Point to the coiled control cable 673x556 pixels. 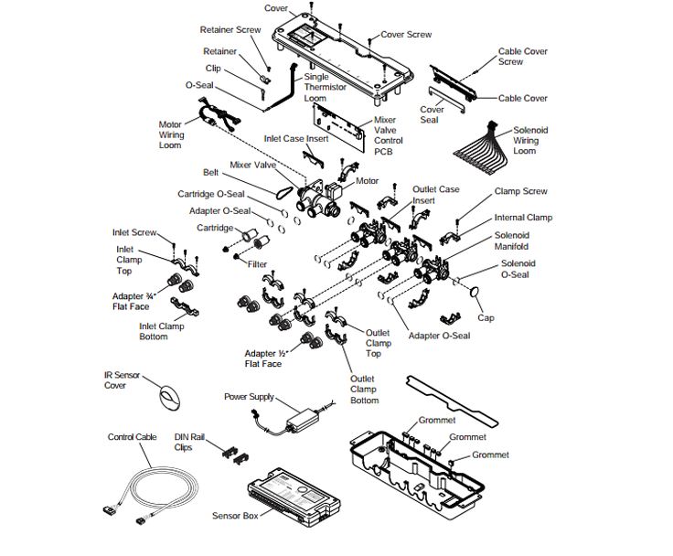[x=161, y=484]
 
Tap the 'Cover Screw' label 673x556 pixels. [x=406, y=35]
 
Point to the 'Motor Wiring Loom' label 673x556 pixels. [x=171, y=135]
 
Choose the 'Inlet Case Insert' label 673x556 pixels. [x=294, y=139]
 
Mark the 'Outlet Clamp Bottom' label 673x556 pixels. [x=364, y=390]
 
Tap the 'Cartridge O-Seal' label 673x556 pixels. [x=210, y=194]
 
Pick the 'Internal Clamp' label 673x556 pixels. [x=523, y=218]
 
